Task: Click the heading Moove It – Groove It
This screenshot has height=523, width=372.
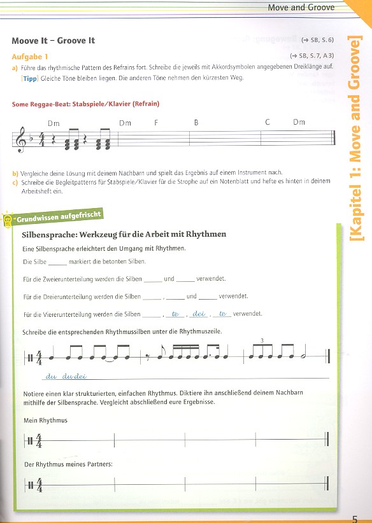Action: point(53,41)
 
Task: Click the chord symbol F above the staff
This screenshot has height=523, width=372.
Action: point(155,122)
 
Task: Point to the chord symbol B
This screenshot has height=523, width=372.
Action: point(197,122)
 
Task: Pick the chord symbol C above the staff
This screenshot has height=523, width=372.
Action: point(268,122)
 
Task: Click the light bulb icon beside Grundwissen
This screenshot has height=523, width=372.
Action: point(8,219)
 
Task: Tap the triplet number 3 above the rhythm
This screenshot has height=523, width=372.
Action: point(262,341)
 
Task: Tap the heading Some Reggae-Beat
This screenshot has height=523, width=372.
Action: point(85,104)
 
